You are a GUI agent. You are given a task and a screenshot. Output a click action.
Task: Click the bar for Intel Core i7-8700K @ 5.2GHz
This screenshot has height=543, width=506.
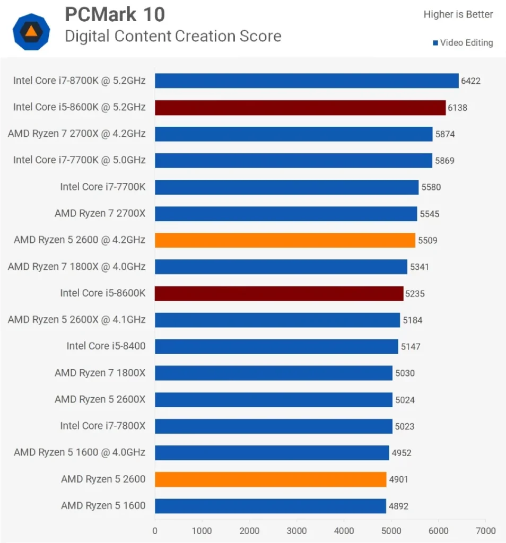(x=307, y=81)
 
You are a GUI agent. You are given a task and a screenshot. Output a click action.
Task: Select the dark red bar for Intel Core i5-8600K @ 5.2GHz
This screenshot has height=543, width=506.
(x=300, y=108)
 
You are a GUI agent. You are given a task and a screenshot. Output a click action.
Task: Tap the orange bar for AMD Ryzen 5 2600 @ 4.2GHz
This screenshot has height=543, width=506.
(x=285, y=240)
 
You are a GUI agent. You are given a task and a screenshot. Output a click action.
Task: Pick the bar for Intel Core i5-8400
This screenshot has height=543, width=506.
(x=276, y=347)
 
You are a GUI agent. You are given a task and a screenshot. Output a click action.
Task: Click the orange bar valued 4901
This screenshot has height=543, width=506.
(x=271, y=479)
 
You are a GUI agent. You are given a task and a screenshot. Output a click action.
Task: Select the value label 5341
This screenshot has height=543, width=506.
(x=419, y=267)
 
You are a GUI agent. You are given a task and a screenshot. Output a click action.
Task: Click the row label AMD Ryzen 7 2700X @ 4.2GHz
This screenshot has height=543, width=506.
(x=76, y=134)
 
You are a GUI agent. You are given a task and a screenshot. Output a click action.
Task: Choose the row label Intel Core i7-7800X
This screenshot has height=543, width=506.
(x=103, y=426)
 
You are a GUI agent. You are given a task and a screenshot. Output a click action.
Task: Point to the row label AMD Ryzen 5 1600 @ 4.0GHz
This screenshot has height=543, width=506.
(x=80, y=452)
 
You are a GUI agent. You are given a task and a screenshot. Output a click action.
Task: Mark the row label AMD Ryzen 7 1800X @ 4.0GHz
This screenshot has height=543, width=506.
(x=76, y=266)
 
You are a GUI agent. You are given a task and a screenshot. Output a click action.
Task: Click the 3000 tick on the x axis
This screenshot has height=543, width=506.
(x=296, y=531)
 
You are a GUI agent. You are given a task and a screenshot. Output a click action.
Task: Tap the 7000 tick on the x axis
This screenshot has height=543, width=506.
(x=485, y=531)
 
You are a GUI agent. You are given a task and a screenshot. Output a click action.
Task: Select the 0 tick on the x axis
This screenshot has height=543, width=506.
(x=155, y=531)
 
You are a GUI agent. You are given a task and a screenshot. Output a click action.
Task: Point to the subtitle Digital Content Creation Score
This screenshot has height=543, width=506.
(x=173, y=36)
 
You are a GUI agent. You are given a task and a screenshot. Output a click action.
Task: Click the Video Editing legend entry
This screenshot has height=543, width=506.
(x=463, y=43)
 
